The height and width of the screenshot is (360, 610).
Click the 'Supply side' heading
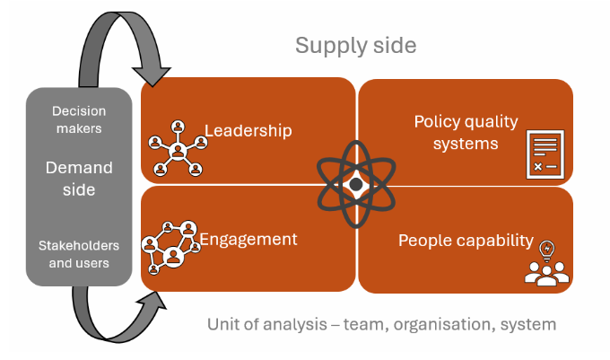[356, 45]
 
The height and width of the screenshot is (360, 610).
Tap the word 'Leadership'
[248, 131]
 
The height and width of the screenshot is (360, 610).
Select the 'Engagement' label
[248, 239]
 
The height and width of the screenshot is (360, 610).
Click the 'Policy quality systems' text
[457, 132]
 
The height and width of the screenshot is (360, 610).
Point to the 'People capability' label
[466, 241]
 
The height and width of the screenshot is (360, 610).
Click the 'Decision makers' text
[78, 119]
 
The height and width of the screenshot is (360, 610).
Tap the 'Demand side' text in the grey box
[79, 178]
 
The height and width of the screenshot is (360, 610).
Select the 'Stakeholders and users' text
[79, 254]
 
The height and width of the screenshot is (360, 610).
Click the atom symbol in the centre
[356, 184]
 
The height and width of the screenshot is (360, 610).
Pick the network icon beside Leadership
[177, 148]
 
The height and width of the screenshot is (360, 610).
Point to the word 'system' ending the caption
[530, 324]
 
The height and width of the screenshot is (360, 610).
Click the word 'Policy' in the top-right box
[437, 121]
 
